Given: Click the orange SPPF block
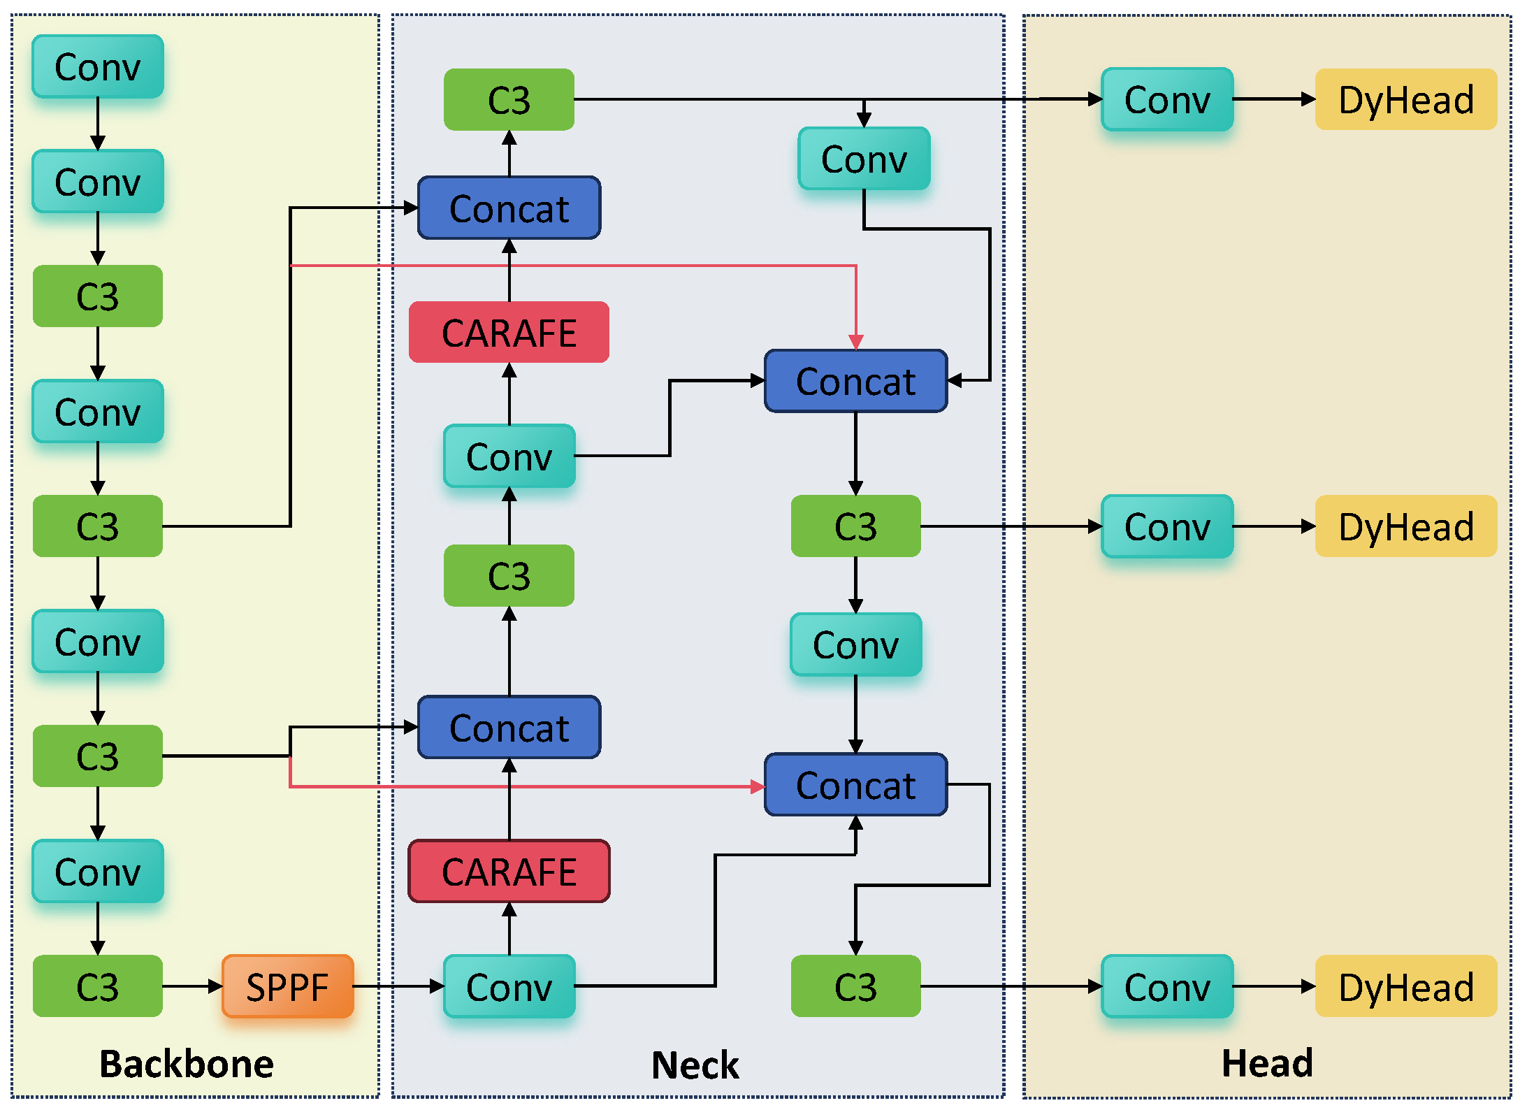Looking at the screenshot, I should click(x=287, y=986).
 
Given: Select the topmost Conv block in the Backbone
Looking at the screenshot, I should click(x=98, y=67).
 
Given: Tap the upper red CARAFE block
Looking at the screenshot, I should click(x=509, y=332).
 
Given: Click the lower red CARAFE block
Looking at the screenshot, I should click(x=509, y=872).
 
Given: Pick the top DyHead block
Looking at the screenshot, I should click(x=1405, y=99).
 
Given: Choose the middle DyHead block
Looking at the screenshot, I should click(x=1405, y=526).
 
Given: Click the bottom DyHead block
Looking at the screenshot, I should click(x=1405, y=986).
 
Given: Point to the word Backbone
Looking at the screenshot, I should click(x=186, y=1064).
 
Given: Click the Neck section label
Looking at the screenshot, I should click(x=695, y=1065).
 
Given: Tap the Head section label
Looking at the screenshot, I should click(x=1266, y=1063).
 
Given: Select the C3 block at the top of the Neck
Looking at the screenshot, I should click(x=509, y=99).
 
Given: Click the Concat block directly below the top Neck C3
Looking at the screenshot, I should click(x=509, y=208).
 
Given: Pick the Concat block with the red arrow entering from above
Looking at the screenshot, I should click(x=855, y=382).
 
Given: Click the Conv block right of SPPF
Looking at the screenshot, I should click(x=509, y=986).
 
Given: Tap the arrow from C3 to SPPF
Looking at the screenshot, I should click(x=192, y=986).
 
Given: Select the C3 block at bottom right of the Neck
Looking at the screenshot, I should click(x=855, y=986).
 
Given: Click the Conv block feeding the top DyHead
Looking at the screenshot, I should click(x=1166, y=99).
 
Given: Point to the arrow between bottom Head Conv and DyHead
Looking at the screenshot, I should click(x=1273, y=986).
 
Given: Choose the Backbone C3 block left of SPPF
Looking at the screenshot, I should click(x=98, y=986).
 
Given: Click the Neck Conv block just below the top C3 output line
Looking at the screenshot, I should click(x=864, y=159).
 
